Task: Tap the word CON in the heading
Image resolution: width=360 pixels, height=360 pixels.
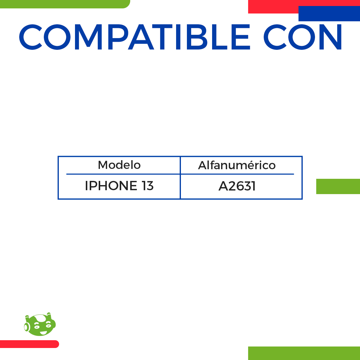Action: (303, 37)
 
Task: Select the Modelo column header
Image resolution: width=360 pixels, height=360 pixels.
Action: (119, 165)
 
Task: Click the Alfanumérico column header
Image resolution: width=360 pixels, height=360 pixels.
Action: (237, 165)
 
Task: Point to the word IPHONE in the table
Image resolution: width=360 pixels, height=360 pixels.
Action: (111, 186)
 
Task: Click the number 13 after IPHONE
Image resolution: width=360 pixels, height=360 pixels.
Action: (148, 186)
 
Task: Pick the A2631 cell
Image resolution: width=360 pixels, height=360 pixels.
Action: (237, 186)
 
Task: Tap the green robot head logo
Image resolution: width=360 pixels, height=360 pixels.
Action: (40, 325)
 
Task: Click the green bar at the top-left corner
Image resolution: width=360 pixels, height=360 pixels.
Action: (64, 4)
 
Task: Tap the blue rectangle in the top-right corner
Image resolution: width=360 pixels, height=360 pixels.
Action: (329, 14)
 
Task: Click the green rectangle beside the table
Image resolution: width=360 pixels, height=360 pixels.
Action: (338, 186)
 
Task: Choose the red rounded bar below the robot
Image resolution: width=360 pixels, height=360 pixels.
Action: (29, 344)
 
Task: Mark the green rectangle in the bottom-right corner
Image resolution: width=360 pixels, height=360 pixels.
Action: (304, 353)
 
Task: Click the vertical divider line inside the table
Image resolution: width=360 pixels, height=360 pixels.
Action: (180, 178)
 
